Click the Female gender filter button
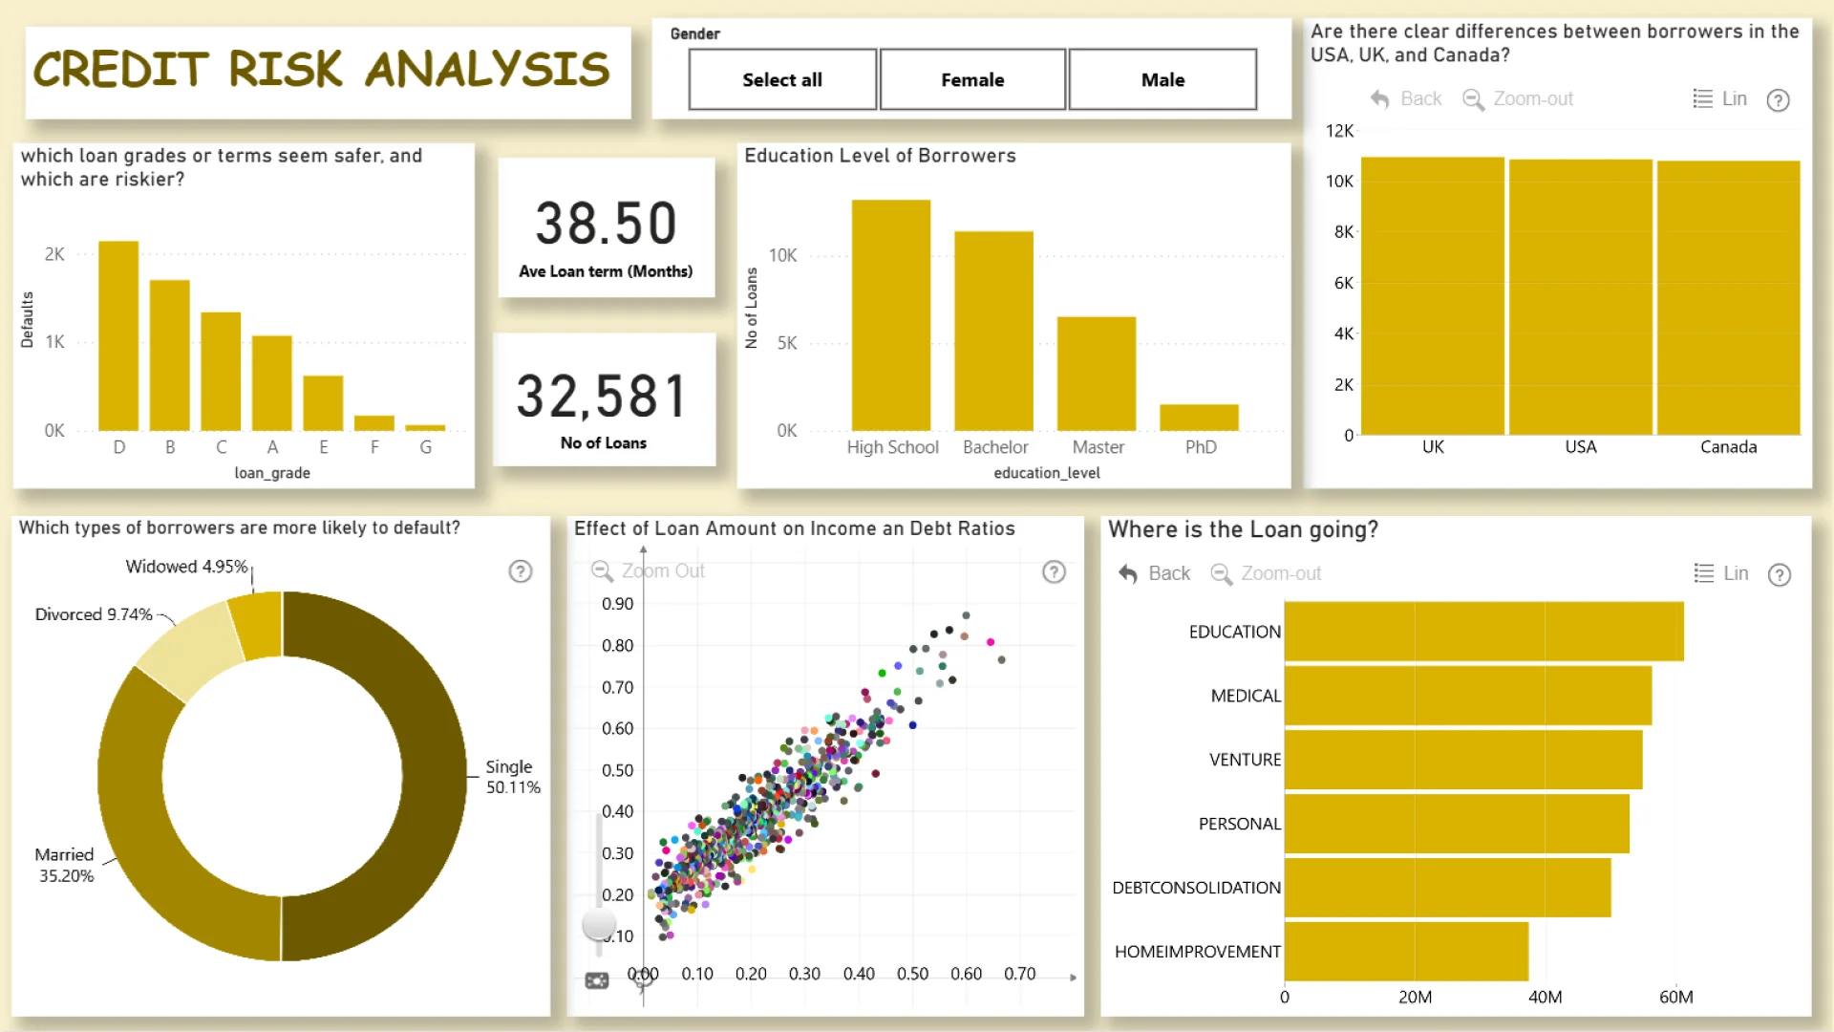click(x=972, y=80)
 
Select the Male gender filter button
click(x=1162, y=80)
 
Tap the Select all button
click(x=782, y=80)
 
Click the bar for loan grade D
click(x=118, y=336)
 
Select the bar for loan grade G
click(x=425, y=427)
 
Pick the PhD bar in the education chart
click(x=1199, y=418)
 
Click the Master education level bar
click(x=1097, y=374)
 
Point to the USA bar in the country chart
click(x=1581, y=297)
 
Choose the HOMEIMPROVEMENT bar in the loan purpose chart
click(x=1406, y=951)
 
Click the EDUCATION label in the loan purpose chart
click(x=1234, y=632)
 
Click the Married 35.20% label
click(x=65, y=865)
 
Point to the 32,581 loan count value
click(x=603, y=397)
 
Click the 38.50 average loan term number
click(x=606, y=224)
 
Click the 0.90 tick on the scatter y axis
click(x=617, y=604)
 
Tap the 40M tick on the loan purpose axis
click(x=1545, y=997)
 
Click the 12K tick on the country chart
click(x=1339, y=131)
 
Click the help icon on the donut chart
click(x=521, y=571)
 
